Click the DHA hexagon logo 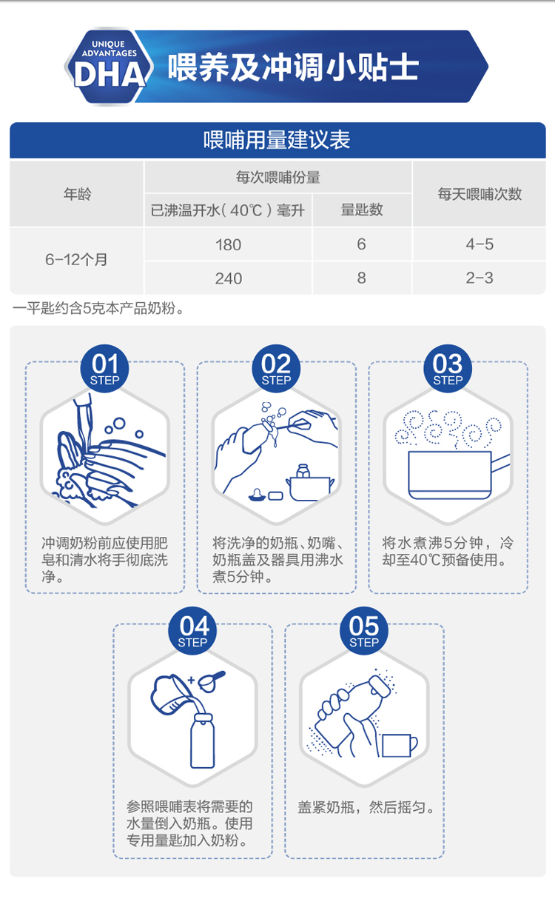point(109,66)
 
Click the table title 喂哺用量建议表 point(277,140)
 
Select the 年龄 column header point(77,194)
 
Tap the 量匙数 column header point(362,210)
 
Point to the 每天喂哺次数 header point(480,194)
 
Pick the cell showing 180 point(228,245)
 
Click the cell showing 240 point(228,278)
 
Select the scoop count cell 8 point(361,278)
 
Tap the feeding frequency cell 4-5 point(480,244)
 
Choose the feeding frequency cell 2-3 point(480,278)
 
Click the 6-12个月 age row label point(76,260)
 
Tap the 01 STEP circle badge point(104,369)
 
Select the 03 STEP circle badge point(448,369)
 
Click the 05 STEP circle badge point(364,630)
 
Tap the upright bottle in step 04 point(203,741)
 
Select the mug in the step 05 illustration point(400,746)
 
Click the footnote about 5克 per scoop point(98,309)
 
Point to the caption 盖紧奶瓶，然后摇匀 point(366,806)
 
